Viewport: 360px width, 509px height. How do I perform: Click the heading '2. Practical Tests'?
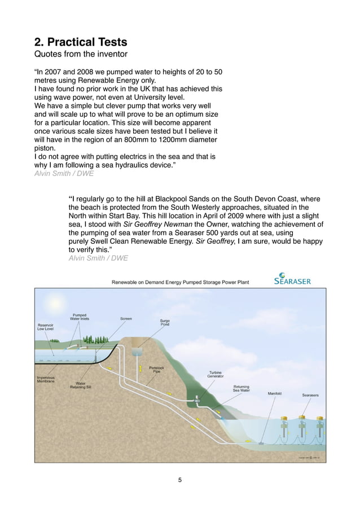[81, 42]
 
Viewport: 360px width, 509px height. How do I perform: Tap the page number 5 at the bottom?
[179, 480]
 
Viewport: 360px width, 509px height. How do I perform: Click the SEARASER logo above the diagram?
[292, 279]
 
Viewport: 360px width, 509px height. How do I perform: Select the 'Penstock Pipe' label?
[156, 370]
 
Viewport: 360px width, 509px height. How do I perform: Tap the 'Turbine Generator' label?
[219, 374]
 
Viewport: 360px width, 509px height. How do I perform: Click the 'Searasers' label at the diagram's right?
[310, 395]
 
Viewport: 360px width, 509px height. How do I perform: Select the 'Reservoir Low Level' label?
[46, 327]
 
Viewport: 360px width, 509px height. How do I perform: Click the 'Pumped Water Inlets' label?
[79, 317]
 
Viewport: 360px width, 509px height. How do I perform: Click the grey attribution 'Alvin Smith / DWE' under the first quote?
[64, 174]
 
